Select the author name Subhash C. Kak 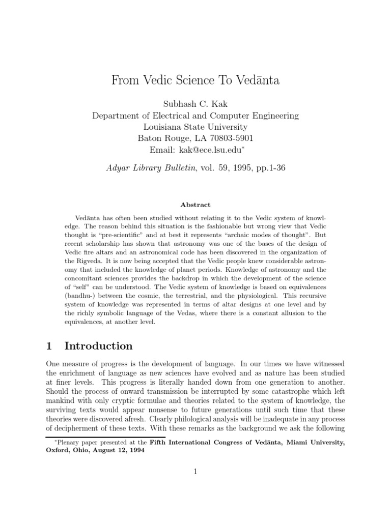pyautogui.click(x=195, y=104)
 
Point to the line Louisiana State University pyautogui.click(x=195, y=127)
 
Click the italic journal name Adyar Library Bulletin pyautogui.click(x=151, y=168)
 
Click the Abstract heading pyautogui.click(x=195, y=205)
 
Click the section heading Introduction pyautogui.click(x=98, y=346)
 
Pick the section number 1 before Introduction pyautogui.click(x=49, y=346)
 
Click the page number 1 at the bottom pyautogui.click(x=195, y=472)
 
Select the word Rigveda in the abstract pyautogui.click(x=87, y=262)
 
